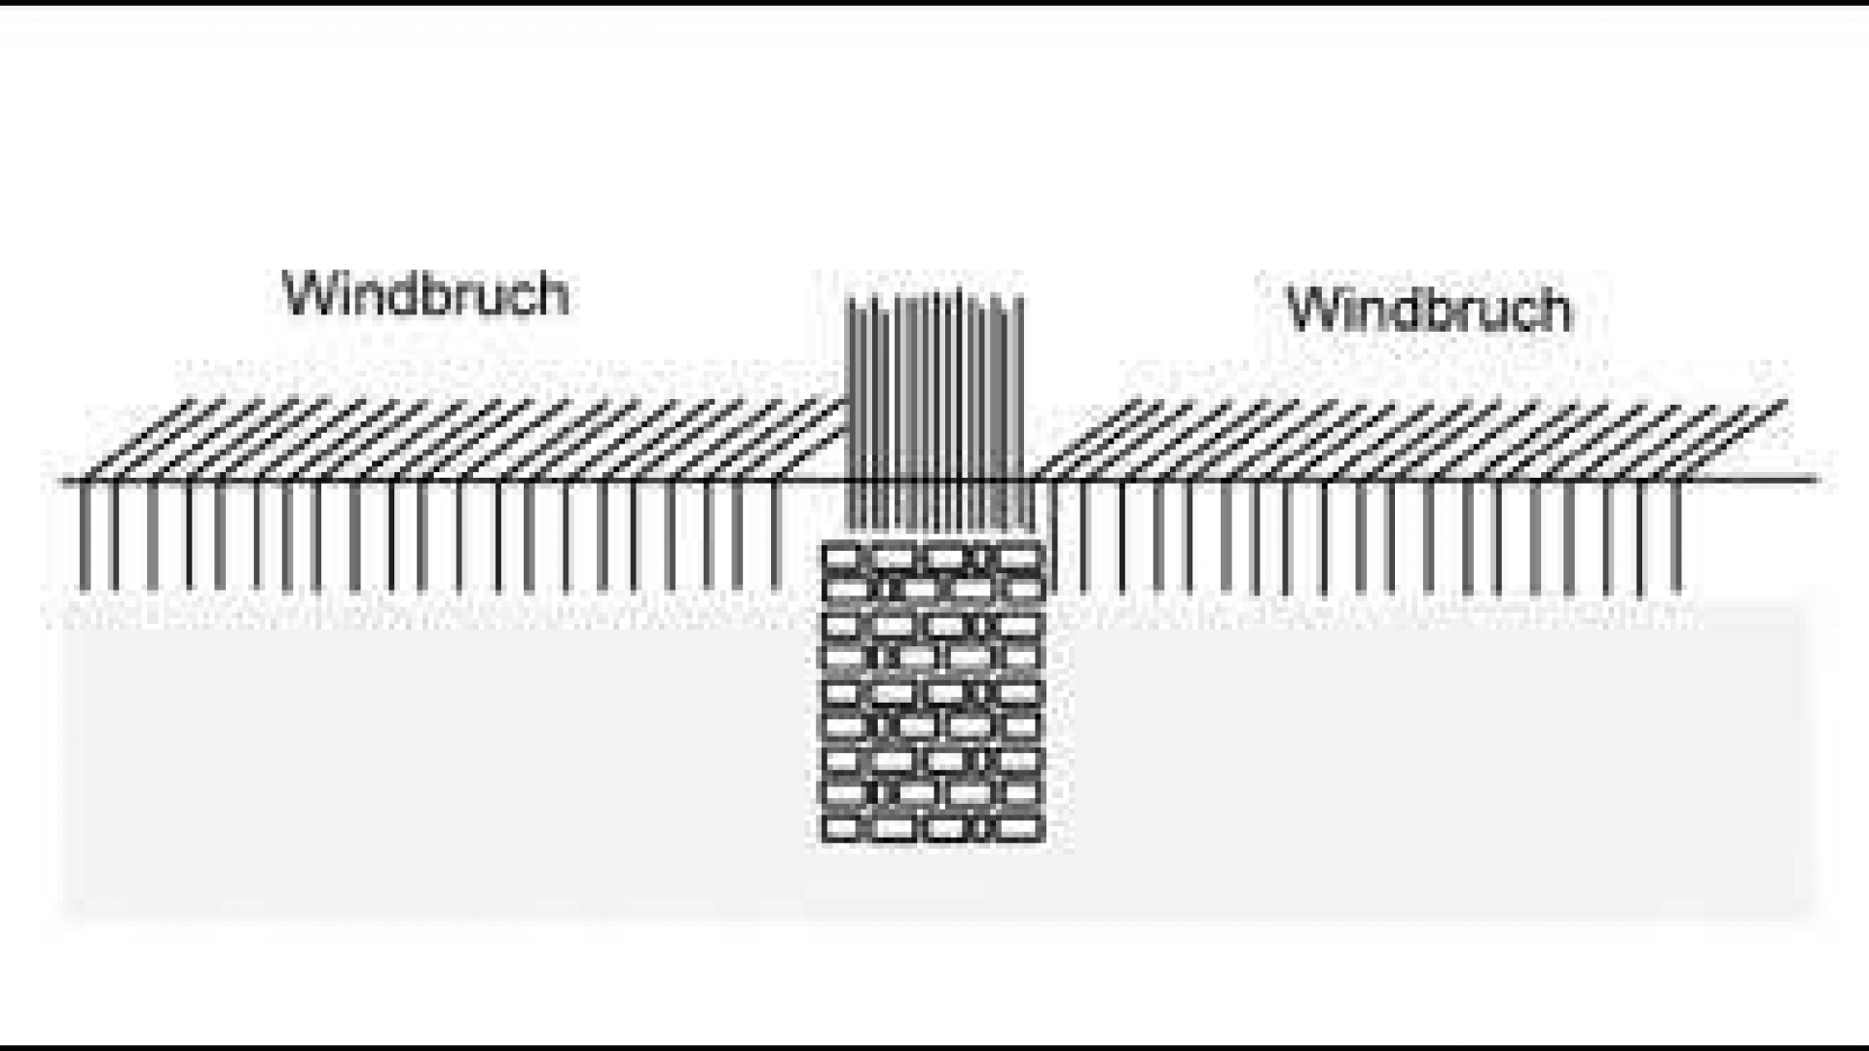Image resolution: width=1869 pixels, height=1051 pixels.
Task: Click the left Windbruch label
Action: pyautogui.click(x=425, y=294)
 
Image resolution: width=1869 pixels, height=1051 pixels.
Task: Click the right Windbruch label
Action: pyautogui.click(x=1429, y=310)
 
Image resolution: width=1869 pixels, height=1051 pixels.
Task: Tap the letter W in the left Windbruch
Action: pyautogui.click(x=309, y=294)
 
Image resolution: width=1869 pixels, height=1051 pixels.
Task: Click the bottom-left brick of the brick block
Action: pyautogui.click(x=844, y=828)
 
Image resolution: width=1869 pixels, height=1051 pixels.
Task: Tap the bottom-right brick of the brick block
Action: pyautogui.click(x=1020, y=828)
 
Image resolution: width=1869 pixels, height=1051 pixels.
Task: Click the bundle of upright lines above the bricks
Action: pyautogui.click(x=934, y=409)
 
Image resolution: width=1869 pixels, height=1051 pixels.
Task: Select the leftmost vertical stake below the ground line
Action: pyautogui.click(x=85, y=535)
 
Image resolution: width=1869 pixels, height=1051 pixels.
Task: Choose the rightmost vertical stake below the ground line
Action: pyautogui.click(x=1676, y=535)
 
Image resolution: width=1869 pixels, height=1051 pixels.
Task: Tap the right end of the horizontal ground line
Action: pyautogui.click(x=1814, y=479)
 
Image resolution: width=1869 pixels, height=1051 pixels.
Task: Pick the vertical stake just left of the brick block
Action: pyautogui.click(x=776, y=535)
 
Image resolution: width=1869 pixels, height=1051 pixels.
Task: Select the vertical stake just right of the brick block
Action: pyautogui.click(x=1054, y=535)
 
